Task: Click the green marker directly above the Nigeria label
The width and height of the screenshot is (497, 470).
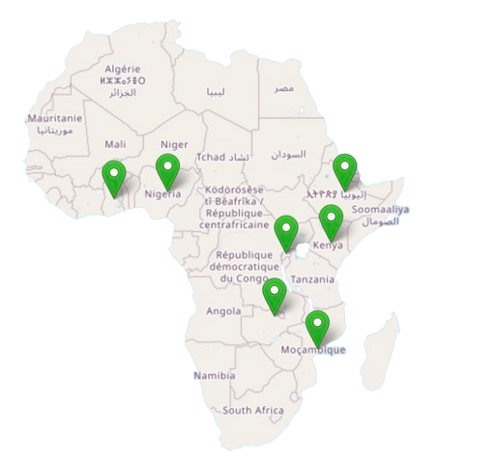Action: click(168, 171)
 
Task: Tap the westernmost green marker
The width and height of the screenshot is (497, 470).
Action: click(115, 176)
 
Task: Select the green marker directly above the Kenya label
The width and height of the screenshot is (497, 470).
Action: click(331, 222)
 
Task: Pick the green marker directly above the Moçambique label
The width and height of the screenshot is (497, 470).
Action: click(317, 328)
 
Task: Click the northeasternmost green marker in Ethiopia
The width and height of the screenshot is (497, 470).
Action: click(345, 172)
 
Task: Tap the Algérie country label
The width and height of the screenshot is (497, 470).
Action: click(123, 70)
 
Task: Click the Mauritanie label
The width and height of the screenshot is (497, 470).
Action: click(55, 118)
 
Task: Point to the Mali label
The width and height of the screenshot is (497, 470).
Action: click(115, 143)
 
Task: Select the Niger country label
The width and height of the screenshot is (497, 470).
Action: click(174, 144)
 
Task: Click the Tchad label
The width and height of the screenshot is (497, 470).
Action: click(211, 157)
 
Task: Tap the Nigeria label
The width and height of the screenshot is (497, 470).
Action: click(163, 193)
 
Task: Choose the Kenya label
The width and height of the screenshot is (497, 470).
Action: click(329, 245)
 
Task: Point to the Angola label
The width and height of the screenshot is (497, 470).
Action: click(223, 311)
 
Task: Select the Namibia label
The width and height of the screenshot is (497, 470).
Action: click(214, 375)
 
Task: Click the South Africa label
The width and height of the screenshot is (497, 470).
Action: click(252, 411)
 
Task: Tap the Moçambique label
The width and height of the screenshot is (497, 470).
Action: click(316, 349)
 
